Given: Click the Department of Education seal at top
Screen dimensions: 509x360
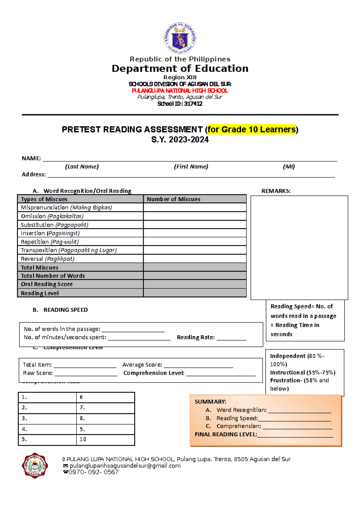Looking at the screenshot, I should [180, 38].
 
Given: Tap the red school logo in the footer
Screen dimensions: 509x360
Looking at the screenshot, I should [34, 465].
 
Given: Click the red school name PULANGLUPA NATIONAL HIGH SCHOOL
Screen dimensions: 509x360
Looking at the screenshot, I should [180, 91].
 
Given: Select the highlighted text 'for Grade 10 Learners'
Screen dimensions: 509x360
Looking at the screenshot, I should [251, 129].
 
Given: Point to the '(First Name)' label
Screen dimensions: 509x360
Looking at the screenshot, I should [191, 167].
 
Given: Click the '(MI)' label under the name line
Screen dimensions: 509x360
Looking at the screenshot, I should [289, 167].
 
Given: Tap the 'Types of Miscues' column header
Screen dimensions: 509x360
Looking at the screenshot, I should [44, 199].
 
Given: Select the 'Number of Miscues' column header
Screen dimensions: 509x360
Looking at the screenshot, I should [173, 199].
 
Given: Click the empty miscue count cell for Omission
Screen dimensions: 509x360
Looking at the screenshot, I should [195, 216].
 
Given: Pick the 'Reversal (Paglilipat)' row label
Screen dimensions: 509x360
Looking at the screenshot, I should [47, 259].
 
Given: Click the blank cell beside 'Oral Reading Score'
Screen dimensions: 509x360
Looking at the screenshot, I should [195, 284].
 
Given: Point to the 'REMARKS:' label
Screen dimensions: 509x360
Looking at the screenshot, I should [276, 191].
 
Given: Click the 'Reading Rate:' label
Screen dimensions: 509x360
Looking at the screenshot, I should [196, 337].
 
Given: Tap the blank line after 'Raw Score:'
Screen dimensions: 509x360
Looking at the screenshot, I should [85, 374].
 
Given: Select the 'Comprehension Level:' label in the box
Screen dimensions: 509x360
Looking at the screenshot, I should [154, 373].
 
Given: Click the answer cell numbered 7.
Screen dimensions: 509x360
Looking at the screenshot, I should [105, 408].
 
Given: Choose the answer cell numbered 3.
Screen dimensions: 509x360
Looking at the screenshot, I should [47, 418].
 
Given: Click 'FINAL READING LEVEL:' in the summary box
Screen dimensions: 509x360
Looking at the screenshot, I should [226, 434].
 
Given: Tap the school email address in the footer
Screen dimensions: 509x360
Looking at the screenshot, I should [125, 466].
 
